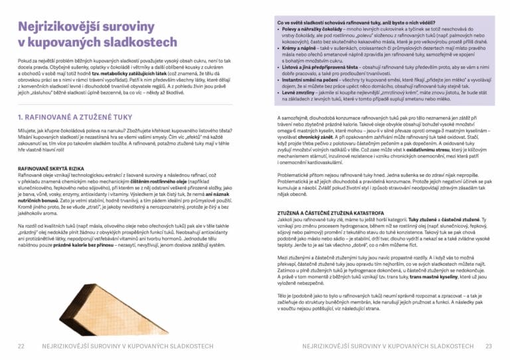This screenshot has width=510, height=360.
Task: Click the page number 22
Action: click(x=21, y=345)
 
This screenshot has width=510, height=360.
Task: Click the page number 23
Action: click(x=489, y=345)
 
